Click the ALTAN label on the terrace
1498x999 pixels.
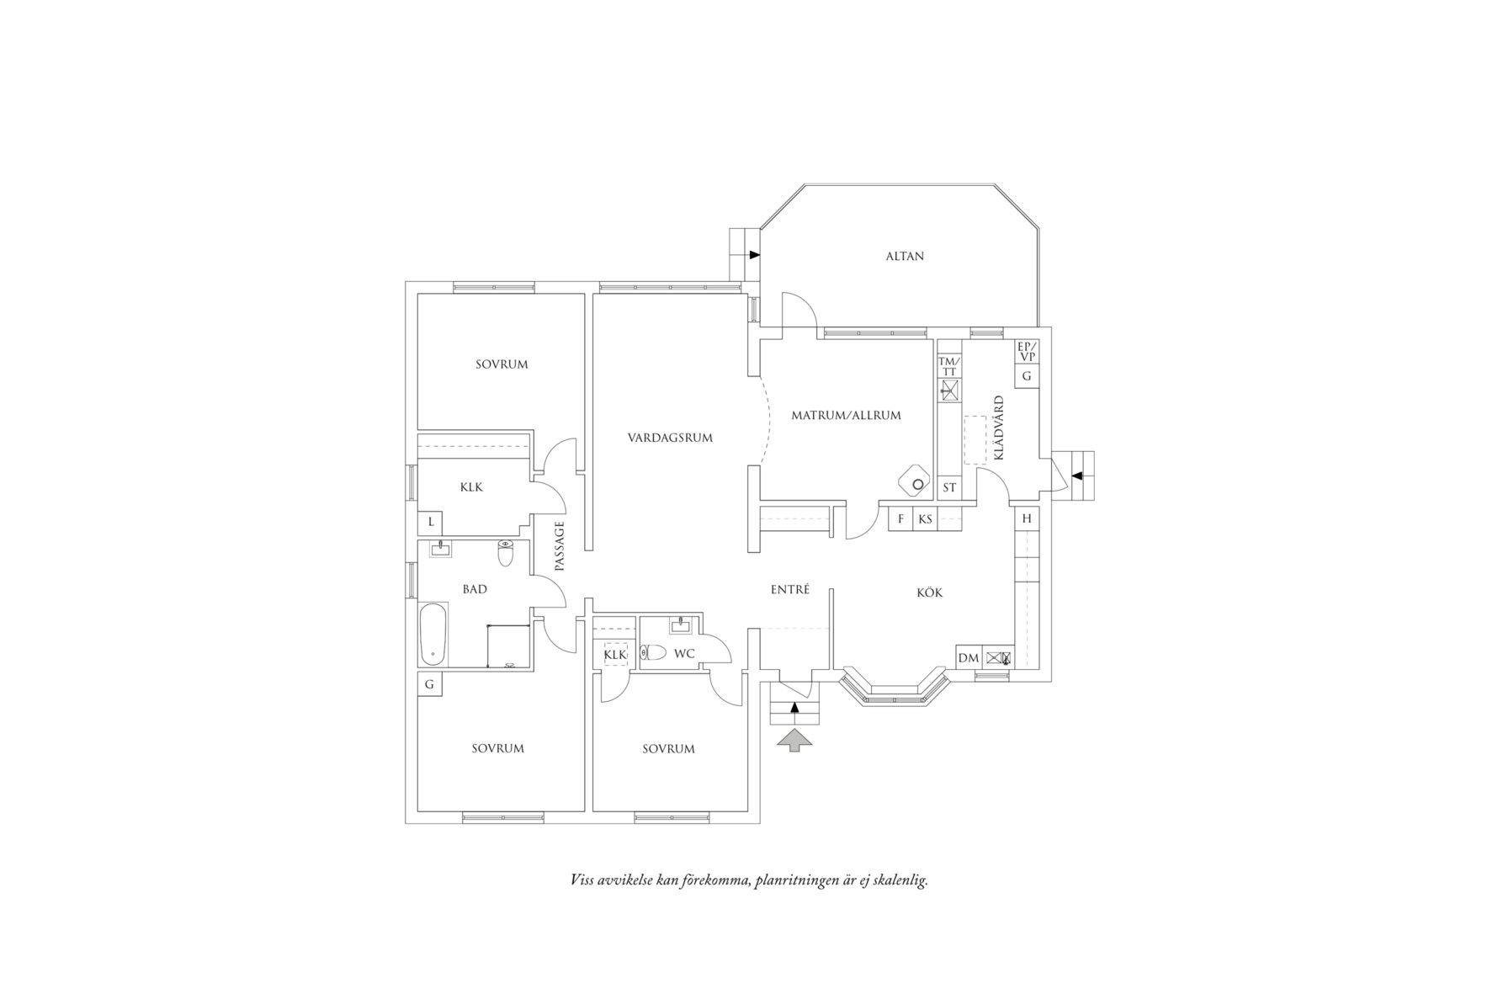905,256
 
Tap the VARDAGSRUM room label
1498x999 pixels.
670,438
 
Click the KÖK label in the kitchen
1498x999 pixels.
929,592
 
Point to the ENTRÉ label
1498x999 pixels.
789,590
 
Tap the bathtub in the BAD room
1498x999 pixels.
433,634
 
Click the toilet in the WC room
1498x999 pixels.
653,652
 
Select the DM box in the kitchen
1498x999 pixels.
969,658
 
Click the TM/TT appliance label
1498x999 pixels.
948,367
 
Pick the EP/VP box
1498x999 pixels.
1027,352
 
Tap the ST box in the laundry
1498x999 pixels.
949,487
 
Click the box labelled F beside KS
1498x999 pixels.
900,519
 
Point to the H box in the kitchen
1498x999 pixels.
1027,518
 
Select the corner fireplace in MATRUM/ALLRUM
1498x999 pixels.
915,482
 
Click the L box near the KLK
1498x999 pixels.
431,522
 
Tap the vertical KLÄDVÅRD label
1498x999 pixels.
1000,428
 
